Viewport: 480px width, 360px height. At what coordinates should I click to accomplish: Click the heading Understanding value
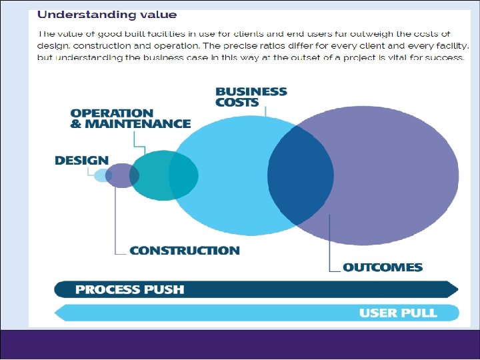point(107,14)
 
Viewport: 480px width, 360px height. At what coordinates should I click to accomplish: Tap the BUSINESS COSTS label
point(251,97)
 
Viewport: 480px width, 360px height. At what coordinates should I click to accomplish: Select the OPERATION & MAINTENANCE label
point(131,118)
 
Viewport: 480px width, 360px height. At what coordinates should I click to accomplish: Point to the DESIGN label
point(81,160)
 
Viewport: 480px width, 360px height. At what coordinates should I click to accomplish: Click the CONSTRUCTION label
point(185,251)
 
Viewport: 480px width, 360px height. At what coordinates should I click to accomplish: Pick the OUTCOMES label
point(383,267)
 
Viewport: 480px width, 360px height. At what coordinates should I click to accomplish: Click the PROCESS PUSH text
point(129,289)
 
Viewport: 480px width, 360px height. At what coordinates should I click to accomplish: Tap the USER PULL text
point(398,313)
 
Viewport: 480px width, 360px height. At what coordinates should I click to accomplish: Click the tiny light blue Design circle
point(100,175)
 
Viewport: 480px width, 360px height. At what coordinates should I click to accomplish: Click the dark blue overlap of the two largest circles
point(300,175)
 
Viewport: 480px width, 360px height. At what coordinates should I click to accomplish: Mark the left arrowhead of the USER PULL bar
point(59,312)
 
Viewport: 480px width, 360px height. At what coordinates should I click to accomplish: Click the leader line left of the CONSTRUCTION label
point(116,227)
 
